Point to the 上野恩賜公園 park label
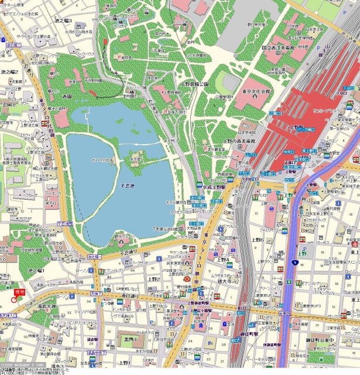pyautogui.click(x=195, y=84)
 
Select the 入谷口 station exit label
pyautogui.click(x=341, y=93)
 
